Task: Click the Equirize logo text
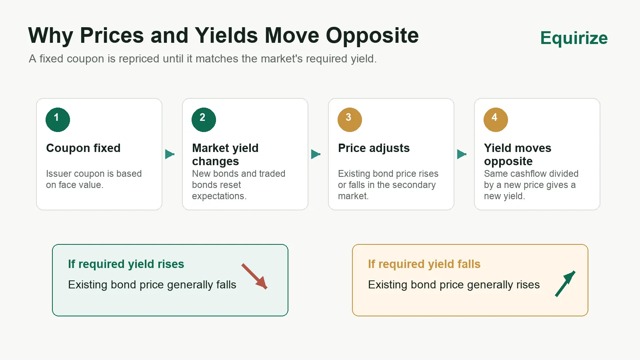point(574,38)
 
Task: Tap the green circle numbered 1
point(58,120)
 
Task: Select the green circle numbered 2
point(204,120)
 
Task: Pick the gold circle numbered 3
point(350,120)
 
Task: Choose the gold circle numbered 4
point(496,120)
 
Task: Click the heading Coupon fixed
point(83,148)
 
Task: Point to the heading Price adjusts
point(374,148)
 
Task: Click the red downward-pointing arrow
point(254,276)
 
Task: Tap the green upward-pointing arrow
point(565,284)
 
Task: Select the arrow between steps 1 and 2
point(170,154)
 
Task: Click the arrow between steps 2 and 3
point(316,154)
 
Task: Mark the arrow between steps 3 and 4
point(462,154)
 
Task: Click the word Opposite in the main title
point(372,36)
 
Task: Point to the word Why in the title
point(50,36)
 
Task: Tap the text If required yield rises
point(126,264)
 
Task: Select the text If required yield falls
point(424,264)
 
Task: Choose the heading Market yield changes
point(225,154)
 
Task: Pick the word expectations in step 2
point(219,196)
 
